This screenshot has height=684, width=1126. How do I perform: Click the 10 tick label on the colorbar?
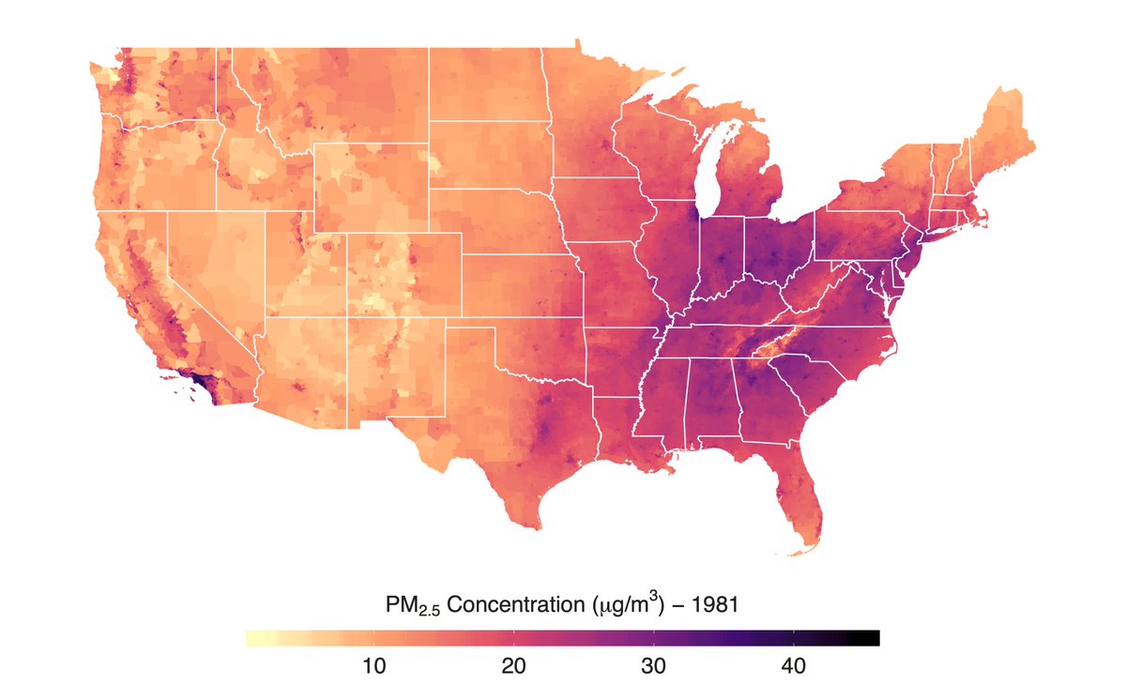373,667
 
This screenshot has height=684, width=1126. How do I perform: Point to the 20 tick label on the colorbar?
512,667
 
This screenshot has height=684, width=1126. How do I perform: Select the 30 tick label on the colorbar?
653,667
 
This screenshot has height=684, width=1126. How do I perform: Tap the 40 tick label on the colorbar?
794,667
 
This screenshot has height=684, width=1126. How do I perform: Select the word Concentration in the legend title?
513,605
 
